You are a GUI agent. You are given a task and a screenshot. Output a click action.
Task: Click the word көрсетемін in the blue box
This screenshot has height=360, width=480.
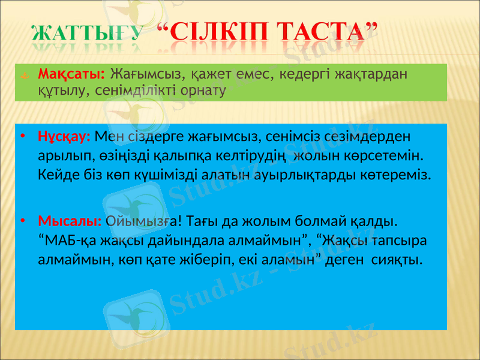tap(391, 156)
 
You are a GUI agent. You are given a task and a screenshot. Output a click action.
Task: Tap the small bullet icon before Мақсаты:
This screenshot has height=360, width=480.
tap(22, 76)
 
